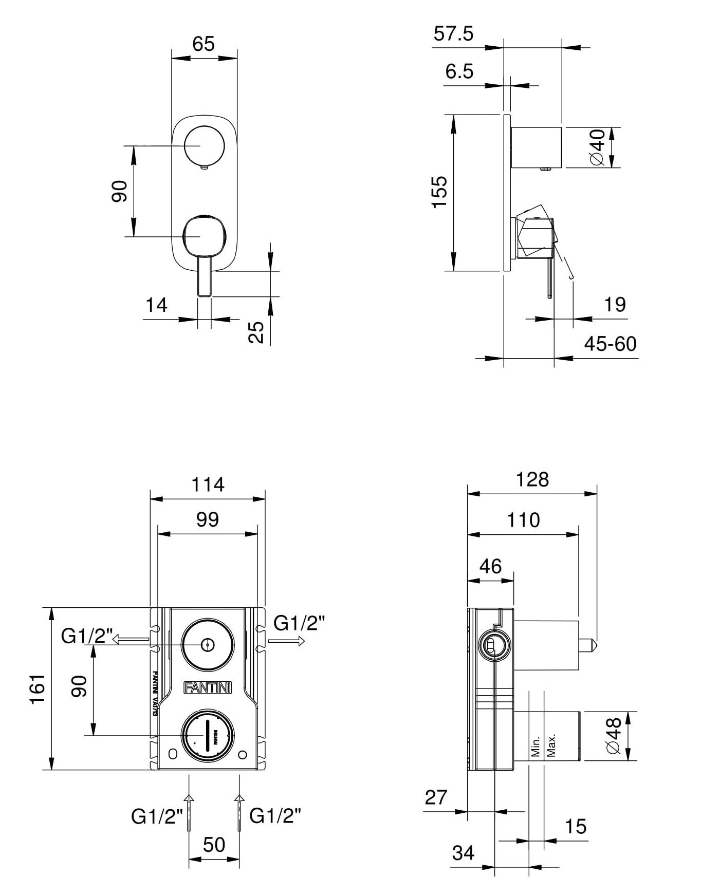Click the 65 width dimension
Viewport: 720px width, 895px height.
(203, 44)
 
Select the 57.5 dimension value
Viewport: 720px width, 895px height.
(453, 34)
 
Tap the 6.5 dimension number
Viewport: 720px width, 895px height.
(459, 71)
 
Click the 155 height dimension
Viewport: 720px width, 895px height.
(439, 192)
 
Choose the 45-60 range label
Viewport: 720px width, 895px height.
(610, 344)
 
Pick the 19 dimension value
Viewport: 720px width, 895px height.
(615, 305)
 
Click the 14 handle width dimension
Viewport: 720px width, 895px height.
(156, 305)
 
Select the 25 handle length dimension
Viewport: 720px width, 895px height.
(256, 332)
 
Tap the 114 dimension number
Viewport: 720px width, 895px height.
(208, 484)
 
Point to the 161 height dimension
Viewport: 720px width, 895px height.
(39, 689)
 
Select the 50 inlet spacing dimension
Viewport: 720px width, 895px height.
(214, 844)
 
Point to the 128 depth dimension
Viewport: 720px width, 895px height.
(532, 479)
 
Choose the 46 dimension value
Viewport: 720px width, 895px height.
(490, 566)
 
